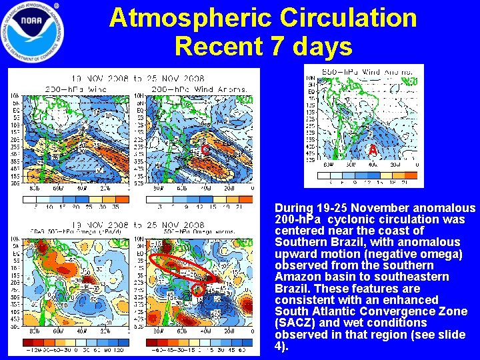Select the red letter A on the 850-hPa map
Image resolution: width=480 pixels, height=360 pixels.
[x=373, y=151]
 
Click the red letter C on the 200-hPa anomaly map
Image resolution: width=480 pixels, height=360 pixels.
[x=205, y=151]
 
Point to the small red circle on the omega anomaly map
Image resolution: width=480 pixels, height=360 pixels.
[x=197, y=290]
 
